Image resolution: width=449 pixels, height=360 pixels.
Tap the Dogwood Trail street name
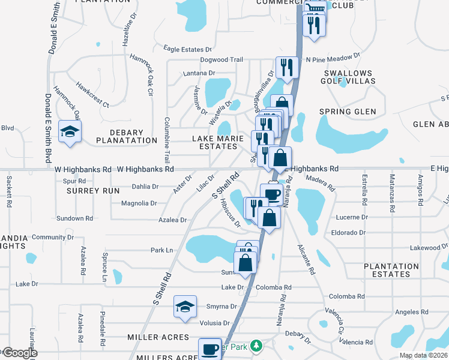point(222,60)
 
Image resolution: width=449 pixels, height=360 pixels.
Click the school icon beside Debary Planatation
point(70,132)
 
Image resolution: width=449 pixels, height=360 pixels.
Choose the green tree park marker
point(256,346)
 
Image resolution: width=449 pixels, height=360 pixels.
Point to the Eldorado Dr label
point(348,232)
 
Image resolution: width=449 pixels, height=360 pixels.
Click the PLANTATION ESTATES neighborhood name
point(391,270)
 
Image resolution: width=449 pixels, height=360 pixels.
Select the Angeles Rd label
point(411,311)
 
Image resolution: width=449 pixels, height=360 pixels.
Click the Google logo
point(20,353)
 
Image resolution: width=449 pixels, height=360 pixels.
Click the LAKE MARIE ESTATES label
point(218,142)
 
